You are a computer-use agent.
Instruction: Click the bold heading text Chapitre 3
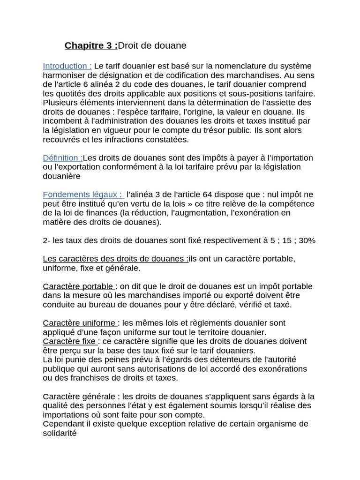pyautogui.click(x=89, y=45)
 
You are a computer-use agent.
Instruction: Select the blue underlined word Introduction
pyautogui.click(x=67, y=66)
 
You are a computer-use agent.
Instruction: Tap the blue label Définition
pyautogui.click(x=62, y=157)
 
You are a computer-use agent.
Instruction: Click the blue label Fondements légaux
pyautogui.click(x=82, y=195)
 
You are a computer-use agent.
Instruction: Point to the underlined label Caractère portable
pyautogui.click(x=78, y=286)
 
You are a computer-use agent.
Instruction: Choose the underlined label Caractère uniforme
pyautogui.click(x=79, y=323)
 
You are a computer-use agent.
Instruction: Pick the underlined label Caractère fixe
pyautogui.click(x=69, y=341)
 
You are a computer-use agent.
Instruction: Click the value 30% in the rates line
pyautogui.click(x=307, y=240)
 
